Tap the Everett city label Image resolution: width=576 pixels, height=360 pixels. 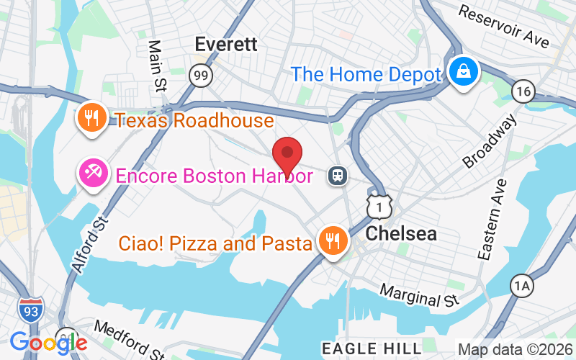coord(226,44)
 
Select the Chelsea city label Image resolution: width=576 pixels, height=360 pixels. coord(401,234)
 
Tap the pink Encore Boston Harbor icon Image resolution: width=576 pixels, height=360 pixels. coord(94,173)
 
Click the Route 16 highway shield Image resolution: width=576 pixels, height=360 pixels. coord(523,91)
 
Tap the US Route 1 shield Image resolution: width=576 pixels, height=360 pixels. coord(378,206)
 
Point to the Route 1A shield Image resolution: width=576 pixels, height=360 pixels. coord(522,286)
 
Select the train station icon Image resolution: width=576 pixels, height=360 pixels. coord(336,175)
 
